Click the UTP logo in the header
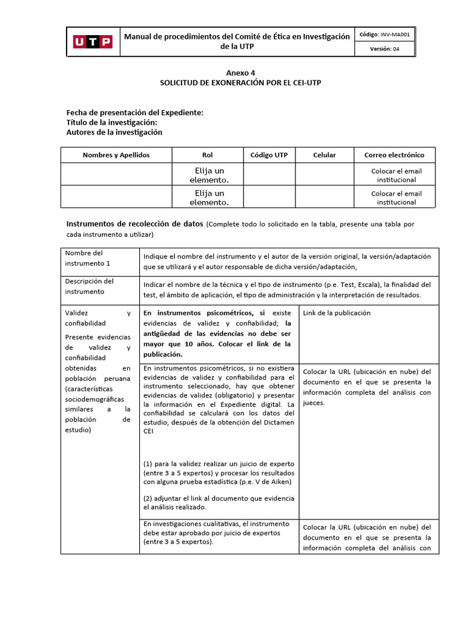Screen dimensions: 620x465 click(x=93, y=42)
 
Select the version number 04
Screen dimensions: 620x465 click(x=396, y=50)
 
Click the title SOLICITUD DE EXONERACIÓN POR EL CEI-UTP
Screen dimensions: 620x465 click(x=240, y=82)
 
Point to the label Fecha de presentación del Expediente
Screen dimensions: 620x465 click(x=134, y=113)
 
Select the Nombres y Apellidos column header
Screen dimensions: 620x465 click(x=116, y=155)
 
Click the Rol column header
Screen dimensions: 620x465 click(x=208, y=155)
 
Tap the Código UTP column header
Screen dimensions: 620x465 click(x=269, y=155)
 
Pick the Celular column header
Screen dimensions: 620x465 click(x=325, y=155)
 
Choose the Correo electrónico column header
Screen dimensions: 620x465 click(x=394, y=155)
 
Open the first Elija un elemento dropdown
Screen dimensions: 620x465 click(x=208, y=175)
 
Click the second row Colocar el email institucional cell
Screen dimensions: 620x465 click(x=396, y=197)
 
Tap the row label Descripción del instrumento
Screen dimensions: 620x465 click(x=90, y=286)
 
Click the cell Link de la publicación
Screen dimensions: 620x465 click(x=337, y=313)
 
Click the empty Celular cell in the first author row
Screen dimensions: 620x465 click(x=325, y=175)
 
